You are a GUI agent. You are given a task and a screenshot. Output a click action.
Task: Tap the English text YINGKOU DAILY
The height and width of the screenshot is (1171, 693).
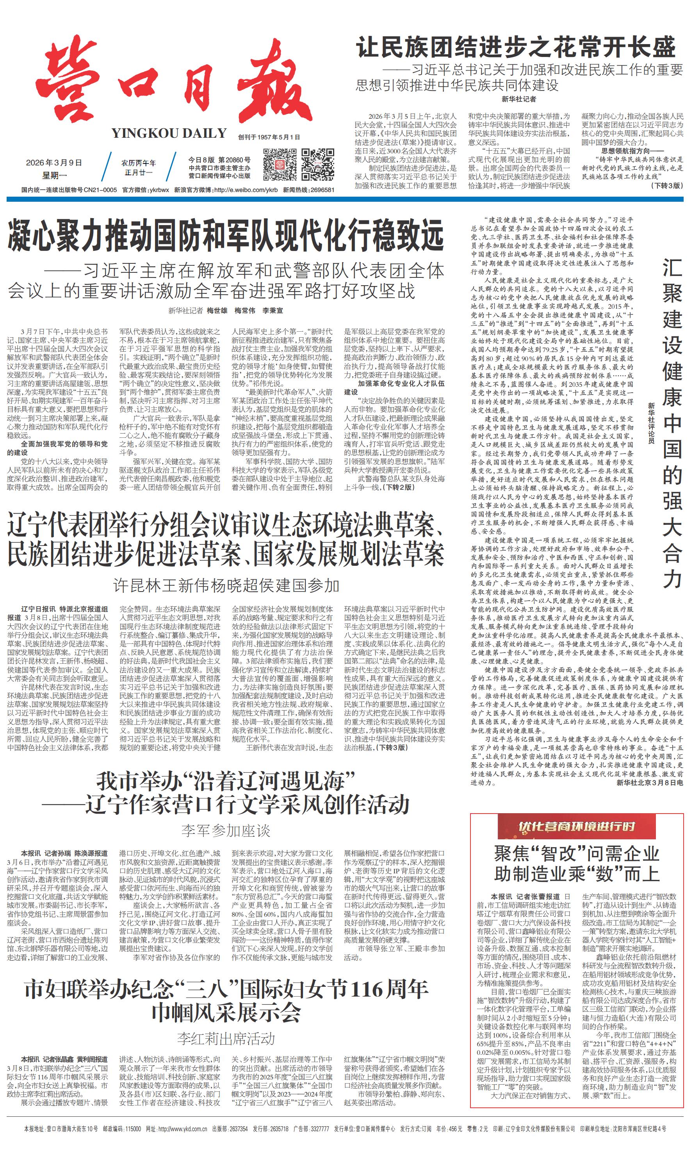[169, 133]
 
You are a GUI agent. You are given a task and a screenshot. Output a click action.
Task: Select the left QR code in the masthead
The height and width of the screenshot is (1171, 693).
[280, 164]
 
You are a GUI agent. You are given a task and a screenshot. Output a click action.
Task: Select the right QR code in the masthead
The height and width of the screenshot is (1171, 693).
[317, 164]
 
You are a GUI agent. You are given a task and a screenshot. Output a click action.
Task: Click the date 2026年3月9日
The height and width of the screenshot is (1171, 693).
[54, 163]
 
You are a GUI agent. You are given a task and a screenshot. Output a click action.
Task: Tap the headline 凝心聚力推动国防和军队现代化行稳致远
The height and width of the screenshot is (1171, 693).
[226, 236]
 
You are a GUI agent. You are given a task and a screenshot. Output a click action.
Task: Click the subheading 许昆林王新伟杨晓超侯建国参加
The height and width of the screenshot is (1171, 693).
[226, 586]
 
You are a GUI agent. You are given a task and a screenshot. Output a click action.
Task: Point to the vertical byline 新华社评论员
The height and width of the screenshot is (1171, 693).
[650, 422]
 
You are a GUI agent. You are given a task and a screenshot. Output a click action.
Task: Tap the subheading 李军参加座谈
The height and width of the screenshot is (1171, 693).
[226, 831]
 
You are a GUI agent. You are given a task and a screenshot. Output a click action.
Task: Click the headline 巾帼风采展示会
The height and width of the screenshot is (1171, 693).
[226, 1013]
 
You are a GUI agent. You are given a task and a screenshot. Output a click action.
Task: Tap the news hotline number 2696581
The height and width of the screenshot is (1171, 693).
[322, 190]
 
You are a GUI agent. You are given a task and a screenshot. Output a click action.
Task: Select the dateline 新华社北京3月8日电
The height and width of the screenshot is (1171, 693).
[650, 783]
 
